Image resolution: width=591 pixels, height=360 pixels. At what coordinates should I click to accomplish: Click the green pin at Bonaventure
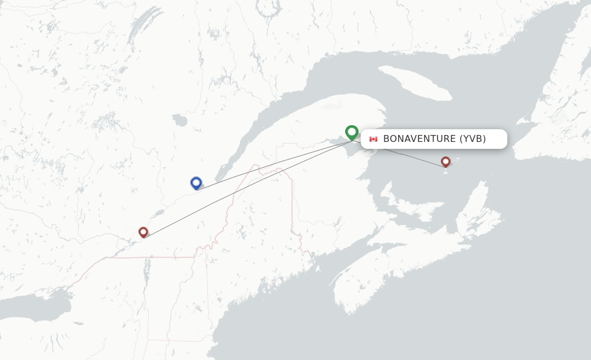351,132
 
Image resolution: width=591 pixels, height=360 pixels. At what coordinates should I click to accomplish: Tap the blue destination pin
196,182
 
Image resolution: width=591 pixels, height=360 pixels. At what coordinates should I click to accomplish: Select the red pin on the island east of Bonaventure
446,161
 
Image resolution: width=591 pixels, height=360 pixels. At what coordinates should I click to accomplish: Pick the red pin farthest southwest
143,231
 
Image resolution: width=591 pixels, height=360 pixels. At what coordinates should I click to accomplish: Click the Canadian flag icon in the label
373,139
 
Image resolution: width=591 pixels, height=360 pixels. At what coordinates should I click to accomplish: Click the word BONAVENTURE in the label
419,139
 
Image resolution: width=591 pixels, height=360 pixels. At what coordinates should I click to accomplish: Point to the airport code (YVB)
473,139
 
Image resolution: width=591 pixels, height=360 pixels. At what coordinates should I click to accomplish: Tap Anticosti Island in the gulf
415,82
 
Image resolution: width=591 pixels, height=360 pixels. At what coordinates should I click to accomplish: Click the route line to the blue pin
271,165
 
